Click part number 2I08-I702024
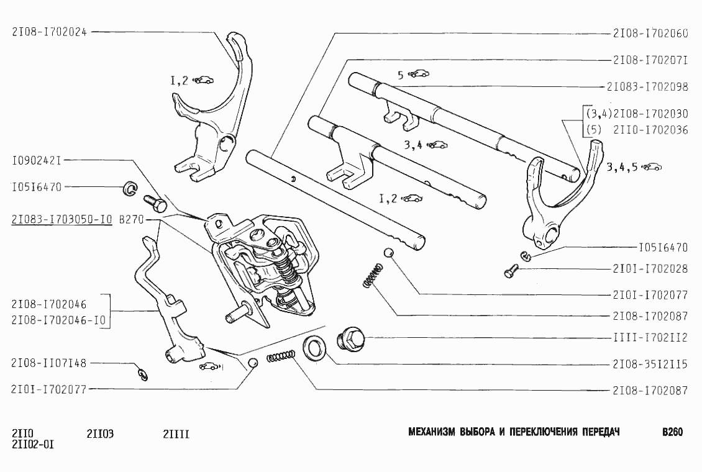tap(49, 32)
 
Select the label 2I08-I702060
tap(650, 34)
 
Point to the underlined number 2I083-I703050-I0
tap(62, 219)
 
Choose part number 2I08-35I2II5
tap(650, 365)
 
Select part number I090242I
tap(36, 160)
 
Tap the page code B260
tap(672, 432)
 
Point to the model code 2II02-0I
tap(32, 445)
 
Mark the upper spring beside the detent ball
tap(372, 275)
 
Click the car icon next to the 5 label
tap(419, 74)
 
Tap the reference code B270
tap(130, 219)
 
